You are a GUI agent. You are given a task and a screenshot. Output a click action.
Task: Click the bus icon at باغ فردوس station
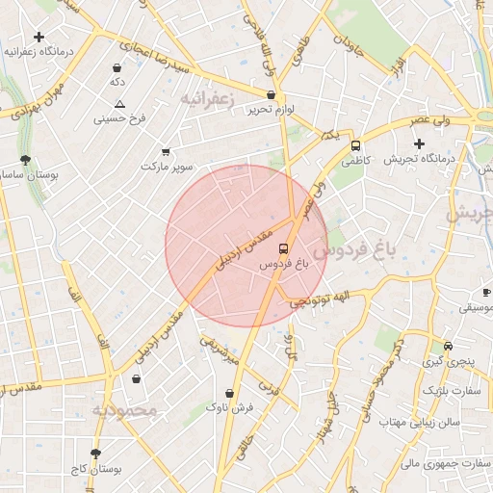[x=282, y=247]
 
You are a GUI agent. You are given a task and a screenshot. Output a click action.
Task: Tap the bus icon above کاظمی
[x=356, y=146]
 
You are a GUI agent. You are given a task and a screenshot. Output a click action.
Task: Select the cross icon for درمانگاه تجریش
[x=419, y=143]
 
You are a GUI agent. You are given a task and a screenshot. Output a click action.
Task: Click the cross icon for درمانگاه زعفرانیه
[x=39, y=37]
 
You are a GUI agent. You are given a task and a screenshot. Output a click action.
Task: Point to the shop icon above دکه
[x=117, y=68]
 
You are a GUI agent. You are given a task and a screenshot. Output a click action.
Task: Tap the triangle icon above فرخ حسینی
[x=119, y=104]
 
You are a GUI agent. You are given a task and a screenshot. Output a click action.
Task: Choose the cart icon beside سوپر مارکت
[x=166, y=151]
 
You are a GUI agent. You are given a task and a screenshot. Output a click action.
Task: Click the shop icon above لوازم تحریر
[x=271, y=95]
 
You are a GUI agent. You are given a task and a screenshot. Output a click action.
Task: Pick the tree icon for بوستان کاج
[x=95, y=454]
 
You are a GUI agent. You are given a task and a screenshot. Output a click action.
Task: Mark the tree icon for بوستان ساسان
[x=25, y=161]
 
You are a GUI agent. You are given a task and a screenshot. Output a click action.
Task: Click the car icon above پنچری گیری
[x=448, y=347]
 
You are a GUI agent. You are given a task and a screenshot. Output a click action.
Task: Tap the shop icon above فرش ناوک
[x=229, y=393]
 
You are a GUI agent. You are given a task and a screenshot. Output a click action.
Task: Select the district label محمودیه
[x=124, y=411]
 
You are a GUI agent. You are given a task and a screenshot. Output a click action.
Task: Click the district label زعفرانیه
[x=206, y=98]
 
